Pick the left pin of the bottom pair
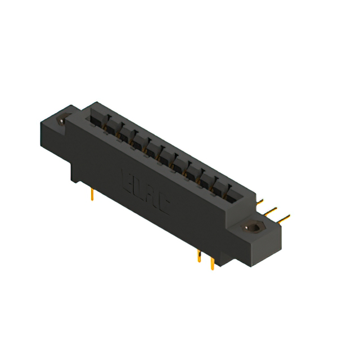click(199, 256)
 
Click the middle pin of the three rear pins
click(272, 210)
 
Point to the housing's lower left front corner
click(71, 180)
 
